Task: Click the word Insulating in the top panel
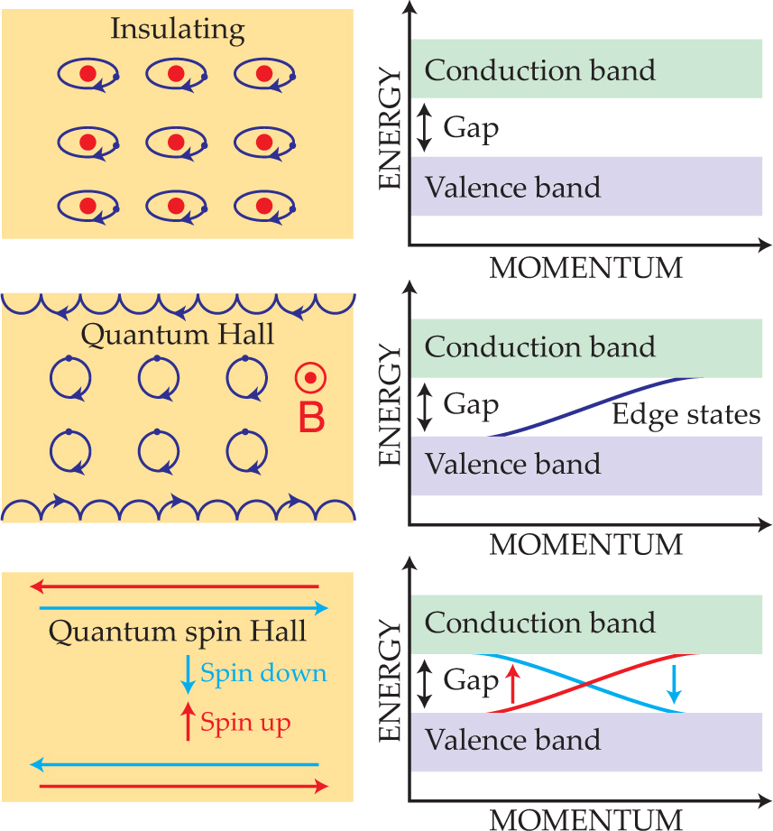[x=177, y=29]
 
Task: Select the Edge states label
[x=686, y=415]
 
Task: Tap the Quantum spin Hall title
[x=178, y=632]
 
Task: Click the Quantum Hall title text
[x=178, y=336]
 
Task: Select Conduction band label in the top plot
[x=539, y=70]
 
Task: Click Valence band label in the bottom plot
[x=512, y=740]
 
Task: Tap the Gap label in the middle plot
[x=471, y=405]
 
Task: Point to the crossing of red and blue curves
[x=587, y=683]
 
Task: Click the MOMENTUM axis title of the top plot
[x=585, y=268]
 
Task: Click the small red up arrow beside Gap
[x=512, y=683]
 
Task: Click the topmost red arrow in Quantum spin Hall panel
[x=177, y=586]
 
